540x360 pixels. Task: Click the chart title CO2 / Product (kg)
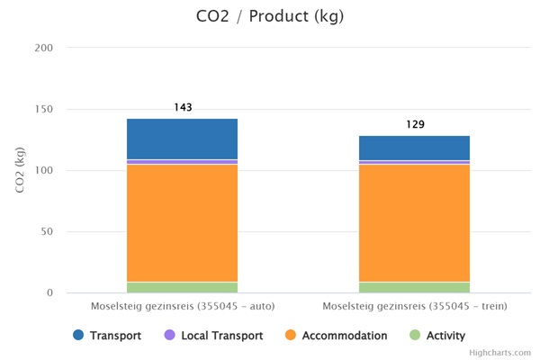tap(270, 16)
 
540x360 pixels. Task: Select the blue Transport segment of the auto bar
tap(182, 139)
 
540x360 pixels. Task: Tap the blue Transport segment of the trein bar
tap(414, 148)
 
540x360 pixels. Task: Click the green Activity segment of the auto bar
tap(182, 287)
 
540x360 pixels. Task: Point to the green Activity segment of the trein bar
tap(414, 287)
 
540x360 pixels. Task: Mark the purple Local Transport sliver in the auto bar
tap(182, 162)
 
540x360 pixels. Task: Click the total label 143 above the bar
tap(183, 108)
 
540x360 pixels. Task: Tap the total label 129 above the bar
tap(415, 125)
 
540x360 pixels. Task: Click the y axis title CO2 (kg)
tap(19, 170)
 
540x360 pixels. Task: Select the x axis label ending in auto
tap(183, 307)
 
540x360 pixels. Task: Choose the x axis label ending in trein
tap(415, 307)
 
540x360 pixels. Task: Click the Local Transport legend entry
tap(213, 336)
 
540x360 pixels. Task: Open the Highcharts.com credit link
tap(506, 353)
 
